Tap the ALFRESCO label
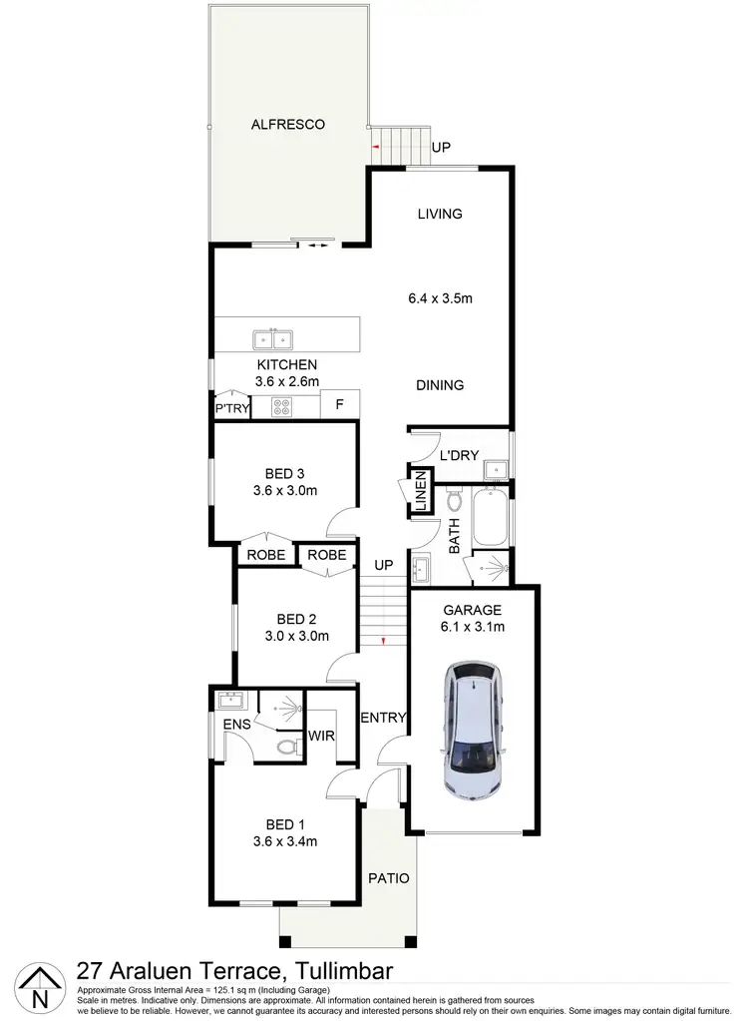click(x=287, y=125)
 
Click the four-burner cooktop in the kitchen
click(x=281, y=407)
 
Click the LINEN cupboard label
click(x=421, y=497)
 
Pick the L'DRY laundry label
click(x=460, y=455)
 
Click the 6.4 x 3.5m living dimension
click(x=440, y=298)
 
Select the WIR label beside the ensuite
click(x=321, y=736)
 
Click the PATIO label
click(x=388, y=878)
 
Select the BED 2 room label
click(x=296, y=618)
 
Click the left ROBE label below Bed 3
click(x=266, y=555)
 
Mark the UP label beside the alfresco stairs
click(x=441, y=148)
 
